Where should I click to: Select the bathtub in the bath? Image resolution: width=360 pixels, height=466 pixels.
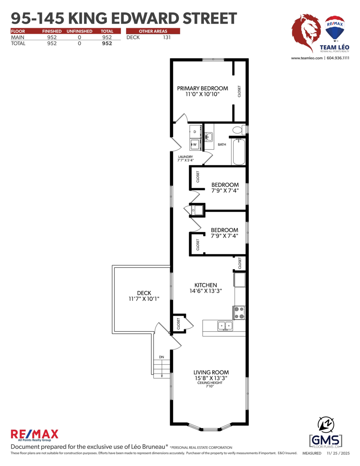(x=238, y=152)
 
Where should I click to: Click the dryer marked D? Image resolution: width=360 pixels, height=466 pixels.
(x=195, y=132)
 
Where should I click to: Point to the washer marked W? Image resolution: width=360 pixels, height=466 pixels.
(x=195, y=144)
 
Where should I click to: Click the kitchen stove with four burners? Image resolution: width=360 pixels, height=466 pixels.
(x=239, y=313)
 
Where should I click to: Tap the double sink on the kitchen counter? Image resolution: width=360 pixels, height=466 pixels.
(x=225, y=326)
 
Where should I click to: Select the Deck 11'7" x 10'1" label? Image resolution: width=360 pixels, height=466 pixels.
(x=144, y=296)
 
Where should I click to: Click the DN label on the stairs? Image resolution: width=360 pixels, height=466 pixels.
(x=162, y=357)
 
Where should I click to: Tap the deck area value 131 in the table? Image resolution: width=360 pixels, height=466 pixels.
(x=167, y=38)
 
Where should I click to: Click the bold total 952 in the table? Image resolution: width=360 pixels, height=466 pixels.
(x=107, y=43)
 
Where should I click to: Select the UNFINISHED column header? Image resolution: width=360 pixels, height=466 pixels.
(x=79, y=31)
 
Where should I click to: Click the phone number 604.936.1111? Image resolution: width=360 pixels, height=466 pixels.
(x=338, y=58)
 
